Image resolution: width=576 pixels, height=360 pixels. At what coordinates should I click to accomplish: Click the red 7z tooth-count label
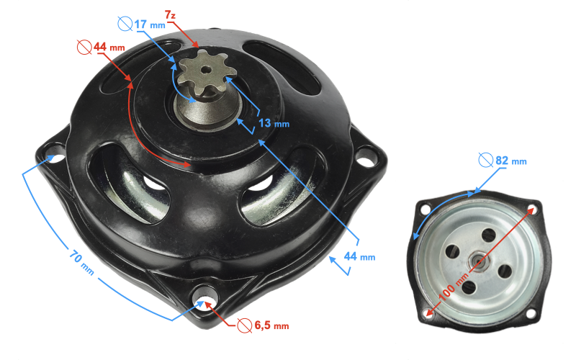tap(170, 15)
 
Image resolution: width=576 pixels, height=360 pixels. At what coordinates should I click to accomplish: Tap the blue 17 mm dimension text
tap(150, 24)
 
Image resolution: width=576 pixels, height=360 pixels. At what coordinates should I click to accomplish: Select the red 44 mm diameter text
tap(109, 47)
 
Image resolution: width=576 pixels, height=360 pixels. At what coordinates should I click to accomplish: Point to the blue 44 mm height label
tap(359, 256)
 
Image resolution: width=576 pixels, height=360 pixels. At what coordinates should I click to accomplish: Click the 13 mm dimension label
tap(274, 123)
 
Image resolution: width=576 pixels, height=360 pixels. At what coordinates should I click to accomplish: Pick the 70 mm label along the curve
tap(81, 262)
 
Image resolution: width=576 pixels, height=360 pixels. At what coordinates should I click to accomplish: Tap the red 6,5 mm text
tap(271, 325)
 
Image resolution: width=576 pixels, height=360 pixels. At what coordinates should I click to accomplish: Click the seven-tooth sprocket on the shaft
tap(202, 73)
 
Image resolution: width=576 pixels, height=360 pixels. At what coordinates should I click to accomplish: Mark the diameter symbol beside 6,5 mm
tap(245, 325)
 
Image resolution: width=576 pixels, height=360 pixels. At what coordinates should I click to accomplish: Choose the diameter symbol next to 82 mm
tap(485, 160)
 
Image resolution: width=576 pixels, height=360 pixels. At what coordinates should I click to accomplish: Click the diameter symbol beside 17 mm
tap(125, 24)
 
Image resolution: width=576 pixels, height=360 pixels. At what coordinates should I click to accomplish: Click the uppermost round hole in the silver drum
tap(489, 235)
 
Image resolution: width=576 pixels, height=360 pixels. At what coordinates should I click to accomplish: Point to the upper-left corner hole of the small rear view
tap(426, 210)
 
